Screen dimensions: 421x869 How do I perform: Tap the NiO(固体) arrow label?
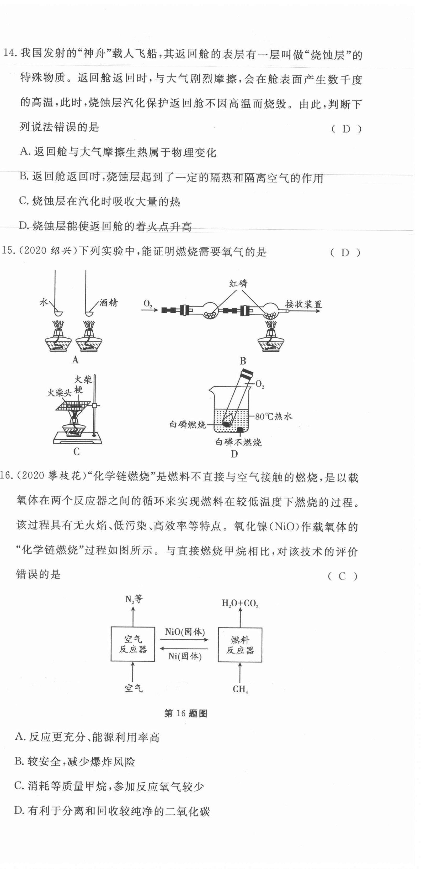tap(185, 631)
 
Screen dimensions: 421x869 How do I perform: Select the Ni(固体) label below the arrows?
tap(185, 656)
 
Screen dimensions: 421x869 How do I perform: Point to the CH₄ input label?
tap(240, 689)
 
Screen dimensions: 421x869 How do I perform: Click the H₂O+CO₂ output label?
tap(240, 603)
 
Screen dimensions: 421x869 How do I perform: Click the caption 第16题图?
tap(185, 713)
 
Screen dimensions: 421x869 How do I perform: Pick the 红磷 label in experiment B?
tap(238, 283)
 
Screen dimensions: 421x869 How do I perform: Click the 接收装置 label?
tap(303, 304)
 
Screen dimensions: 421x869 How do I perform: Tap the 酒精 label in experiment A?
tap(108, 303)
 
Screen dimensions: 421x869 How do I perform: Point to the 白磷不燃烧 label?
tap(238, 442)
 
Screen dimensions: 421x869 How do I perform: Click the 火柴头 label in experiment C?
tap(59, 392)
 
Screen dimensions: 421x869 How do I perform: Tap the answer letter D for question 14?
tap(346, 128)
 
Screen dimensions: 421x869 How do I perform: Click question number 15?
tap(7, 251)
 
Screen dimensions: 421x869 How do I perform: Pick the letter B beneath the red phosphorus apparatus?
tap(243, 361)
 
